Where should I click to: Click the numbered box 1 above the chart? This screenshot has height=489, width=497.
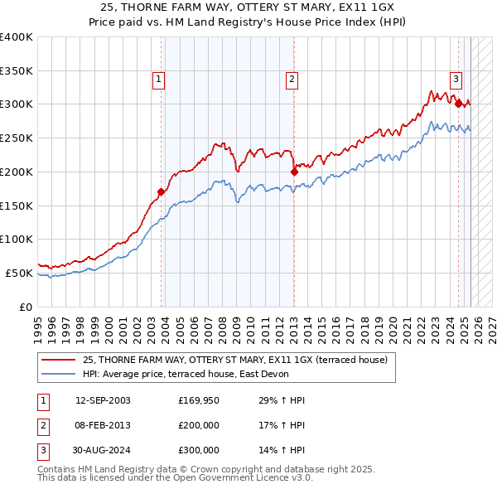point(158,80)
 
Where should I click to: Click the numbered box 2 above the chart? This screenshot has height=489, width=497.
point(292,80)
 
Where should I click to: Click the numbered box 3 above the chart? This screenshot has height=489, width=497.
point(456,80)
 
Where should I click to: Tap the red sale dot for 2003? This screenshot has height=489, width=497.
point(161,191)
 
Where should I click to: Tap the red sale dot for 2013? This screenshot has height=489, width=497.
point(294,172)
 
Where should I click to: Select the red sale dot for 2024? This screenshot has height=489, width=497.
point(458,104)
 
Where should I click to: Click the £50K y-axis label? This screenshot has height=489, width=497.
point(18,273)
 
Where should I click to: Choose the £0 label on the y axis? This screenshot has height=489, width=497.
point(26,307)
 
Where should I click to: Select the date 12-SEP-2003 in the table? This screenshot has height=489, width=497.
point(103,400)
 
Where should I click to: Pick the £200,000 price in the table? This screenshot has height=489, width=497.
point(199,425)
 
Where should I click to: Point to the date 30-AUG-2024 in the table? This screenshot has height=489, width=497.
point(103,450)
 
